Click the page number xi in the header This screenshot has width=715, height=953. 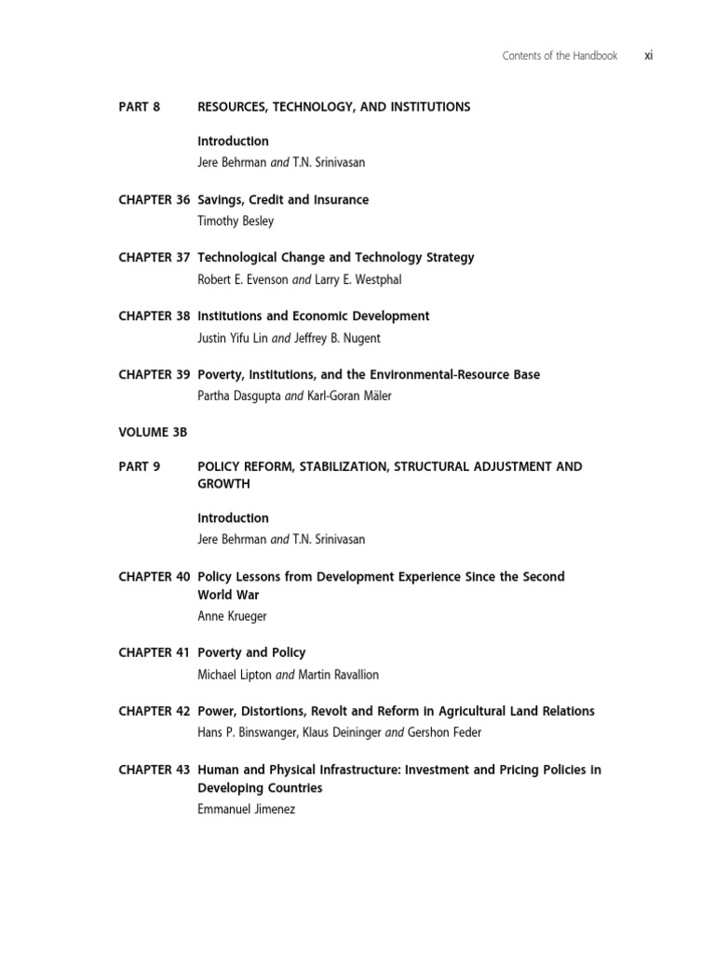click(648, 56)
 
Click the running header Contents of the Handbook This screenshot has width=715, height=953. click(560, 56)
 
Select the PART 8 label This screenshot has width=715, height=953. click(140, 107)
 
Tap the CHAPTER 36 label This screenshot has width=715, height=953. click(155, 200)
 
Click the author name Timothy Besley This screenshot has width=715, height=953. click(236, 221)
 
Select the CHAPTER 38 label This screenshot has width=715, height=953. click(155, 316)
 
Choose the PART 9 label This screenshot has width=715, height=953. click(140, 466)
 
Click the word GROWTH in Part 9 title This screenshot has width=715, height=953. click(223, 484)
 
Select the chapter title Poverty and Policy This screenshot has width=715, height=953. click(251, 652)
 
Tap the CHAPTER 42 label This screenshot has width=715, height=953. click(155, 711)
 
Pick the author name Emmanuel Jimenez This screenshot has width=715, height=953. click(246, 810)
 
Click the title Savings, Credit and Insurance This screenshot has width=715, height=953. click(283, 200)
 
